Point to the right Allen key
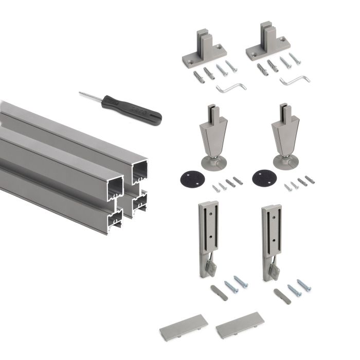[x=295, y=81]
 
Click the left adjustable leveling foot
[x=211, y=136]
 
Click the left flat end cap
[x=183, y=326]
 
